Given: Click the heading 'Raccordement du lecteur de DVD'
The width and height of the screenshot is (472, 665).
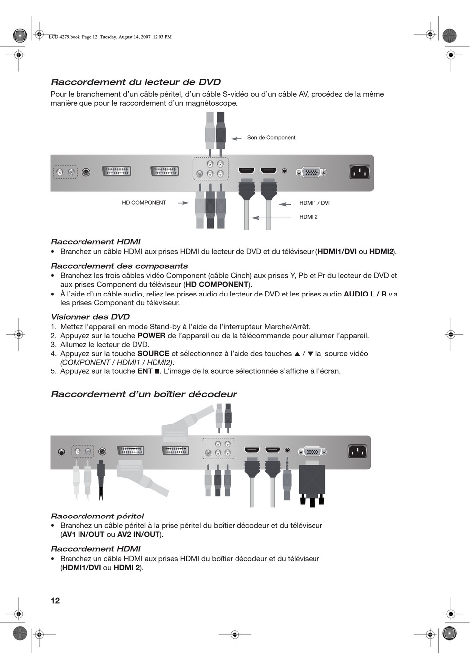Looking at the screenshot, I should tap(136, 82).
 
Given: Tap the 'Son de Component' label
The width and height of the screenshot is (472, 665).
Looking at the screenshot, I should tap(271, 138).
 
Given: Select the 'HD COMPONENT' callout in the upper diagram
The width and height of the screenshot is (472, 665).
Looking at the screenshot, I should tap(144, 203).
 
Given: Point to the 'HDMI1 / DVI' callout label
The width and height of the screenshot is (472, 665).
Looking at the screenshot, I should tap(314, 203).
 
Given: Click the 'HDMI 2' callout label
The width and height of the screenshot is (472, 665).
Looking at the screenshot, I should tap(308, 217).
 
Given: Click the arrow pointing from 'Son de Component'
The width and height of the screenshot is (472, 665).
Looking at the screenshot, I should tap(236, 138).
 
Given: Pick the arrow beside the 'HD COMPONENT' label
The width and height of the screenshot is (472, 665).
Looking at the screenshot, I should tap(183, 203).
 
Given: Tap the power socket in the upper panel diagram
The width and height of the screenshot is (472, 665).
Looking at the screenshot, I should tap(360, 172).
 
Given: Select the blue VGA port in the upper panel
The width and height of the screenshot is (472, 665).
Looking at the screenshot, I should tap(312, 172).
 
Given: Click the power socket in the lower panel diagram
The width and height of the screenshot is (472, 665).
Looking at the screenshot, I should tap(357, 451).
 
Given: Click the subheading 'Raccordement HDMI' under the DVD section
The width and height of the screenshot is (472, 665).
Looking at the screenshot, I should tap(95, 242).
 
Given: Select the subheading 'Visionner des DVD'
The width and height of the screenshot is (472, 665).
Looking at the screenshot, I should tap(90, 317).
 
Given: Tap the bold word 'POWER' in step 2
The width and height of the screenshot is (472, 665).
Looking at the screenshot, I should tap(151, 336).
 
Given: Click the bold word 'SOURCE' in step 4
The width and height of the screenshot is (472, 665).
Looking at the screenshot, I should tap(153, 354).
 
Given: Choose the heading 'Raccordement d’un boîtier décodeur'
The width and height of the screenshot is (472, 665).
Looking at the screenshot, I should tap(144, 394).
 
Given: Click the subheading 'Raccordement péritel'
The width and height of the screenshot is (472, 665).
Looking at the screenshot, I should tap(97, 516).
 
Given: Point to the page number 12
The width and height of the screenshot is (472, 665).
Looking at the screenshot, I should tap(55, 600).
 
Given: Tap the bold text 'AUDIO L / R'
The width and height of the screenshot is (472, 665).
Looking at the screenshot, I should tap(365, 294).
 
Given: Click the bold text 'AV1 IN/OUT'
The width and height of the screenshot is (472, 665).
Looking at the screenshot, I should tap(83, 535).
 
